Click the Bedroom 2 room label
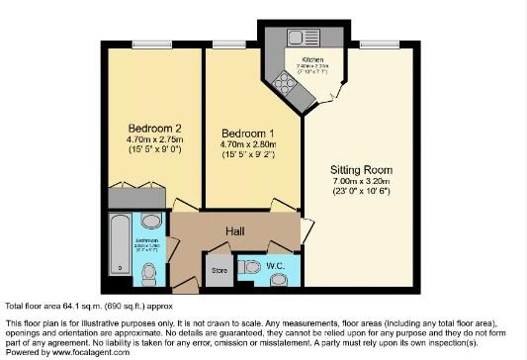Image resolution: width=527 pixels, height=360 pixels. click(x=153, y=128)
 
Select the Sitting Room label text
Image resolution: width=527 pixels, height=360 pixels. click(x=360, y=169)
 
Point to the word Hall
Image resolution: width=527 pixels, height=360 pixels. click(x=234, y=230)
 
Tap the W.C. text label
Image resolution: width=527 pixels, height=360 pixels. click(x=276, y=265)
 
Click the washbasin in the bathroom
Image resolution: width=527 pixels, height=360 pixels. click(x=150, y=222)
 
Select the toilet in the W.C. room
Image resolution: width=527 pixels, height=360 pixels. click(x=251, y=266)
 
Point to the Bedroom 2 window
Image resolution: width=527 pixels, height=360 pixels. click(x=152, y=43)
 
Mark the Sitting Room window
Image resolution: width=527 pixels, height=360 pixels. click(x=380, y=43)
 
